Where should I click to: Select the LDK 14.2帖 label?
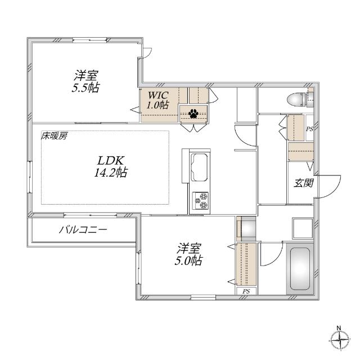[110, 167]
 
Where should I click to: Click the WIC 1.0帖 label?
[158, 99]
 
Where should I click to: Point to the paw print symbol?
[193, 113]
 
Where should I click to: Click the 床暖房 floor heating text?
[53, 136]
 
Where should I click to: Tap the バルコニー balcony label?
[83, 230]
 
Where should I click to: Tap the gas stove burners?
[200, 200]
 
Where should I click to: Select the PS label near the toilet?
[309, 129]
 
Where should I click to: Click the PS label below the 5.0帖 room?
[246, 291]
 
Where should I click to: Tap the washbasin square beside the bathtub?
[302, 227]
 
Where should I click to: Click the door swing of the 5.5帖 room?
[147, 52]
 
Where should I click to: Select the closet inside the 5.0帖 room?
[246, 263]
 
